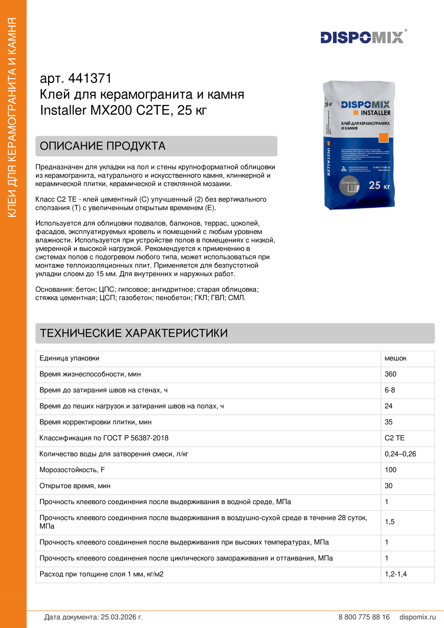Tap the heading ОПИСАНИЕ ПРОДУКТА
(x=103, y=146)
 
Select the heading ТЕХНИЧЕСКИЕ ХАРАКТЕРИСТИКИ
(x=134, y=333)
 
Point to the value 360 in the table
(x=390, y=374)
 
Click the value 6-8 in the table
(x=389, y=390)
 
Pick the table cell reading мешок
(x=395, y=358)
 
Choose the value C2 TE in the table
(x=395, y=438)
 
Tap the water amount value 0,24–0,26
(x=400, y=454)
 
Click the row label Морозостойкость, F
(x=72, y=470)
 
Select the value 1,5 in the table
(x=389, y=522)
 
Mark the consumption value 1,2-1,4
(x=396, y=574)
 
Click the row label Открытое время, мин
(x=75, y=486)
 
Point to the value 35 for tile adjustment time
(x=388, y=422)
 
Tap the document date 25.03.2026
(x=121, y=617)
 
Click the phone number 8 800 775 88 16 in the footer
(x=364, y=617)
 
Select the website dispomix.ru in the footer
(x=417, y=617)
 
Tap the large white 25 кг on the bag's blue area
(x=379, y=186)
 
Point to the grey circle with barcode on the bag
(x=349, y=186)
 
